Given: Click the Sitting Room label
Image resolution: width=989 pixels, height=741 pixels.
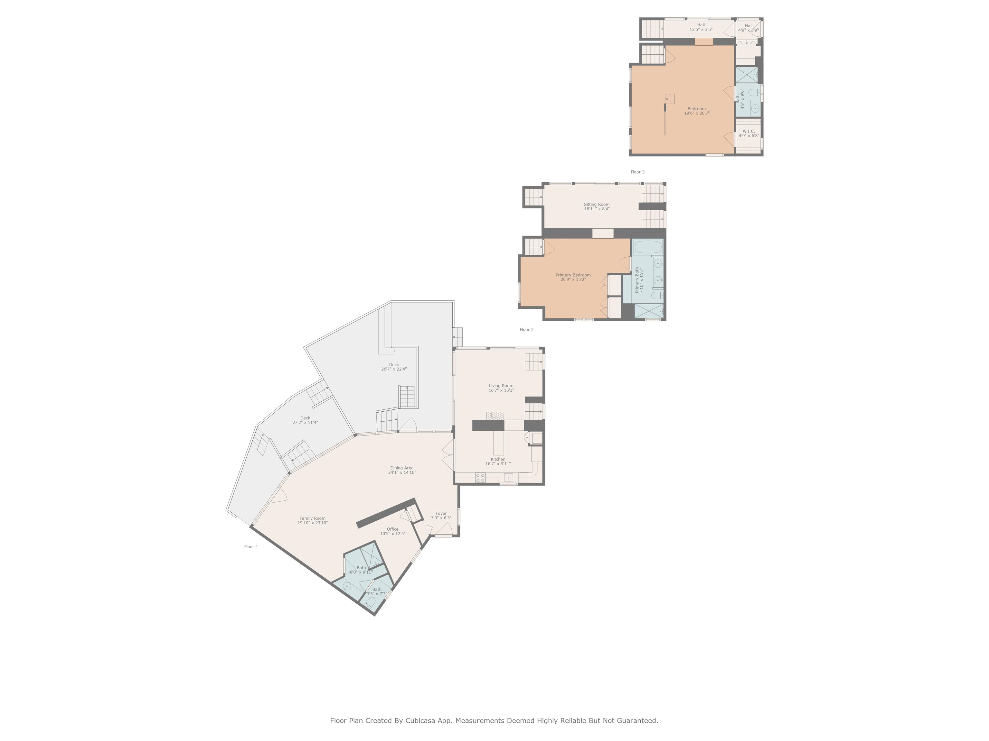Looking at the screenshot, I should pyautogui.click(x=597, y=205).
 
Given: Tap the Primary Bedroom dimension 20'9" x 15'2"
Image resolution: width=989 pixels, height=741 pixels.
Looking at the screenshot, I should pyautogui.click(x=573, y=279).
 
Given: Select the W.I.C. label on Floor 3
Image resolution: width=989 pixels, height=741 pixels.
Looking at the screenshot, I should pyautogui.click(x=749, y=131).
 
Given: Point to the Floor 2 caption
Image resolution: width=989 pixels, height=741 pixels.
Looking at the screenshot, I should pyautogui.click(x=526, y=330).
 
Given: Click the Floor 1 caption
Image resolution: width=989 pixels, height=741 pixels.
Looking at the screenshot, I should pyautogui.click(x=251, y=547).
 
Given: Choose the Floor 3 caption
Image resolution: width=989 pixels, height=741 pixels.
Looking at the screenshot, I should pyautogui.click(x=637, y=172).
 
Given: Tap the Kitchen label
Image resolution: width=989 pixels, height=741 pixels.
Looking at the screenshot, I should pyautogui.click(x=498, y=459).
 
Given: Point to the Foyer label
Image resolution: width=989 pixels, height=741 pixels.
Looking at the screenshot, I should pyautogui.click(x=441, y=514).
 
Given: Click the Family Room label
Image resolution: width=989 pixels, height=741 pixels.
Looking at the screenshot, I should pyautogui.click(x=312, y=518).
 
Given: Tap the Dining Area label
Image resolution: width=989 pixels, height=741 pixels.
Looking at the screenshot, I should pyautogui.click(x=401, y=468).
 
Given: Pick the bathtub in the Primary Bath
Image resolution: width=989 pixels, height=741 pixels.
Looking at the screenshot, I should pyautogui.click(x=647, y=247).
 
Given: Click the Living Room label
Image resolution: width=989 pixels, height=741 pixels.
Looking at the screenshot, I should pyautogui.click(x=501, y=386).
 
